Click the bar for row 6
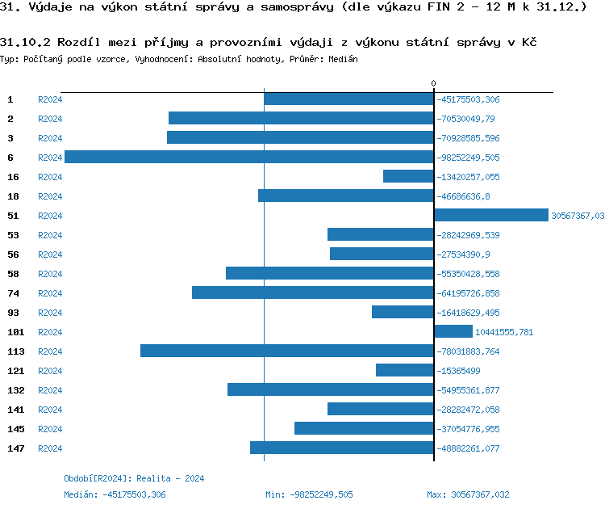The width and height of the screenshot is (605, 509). (248, 157)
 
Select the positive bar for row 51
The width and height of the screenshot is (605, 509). (490, 215)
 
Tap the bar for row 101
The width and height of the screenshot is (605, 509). (453, 331)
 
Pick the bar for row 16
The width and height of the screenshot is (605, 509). (408, 176)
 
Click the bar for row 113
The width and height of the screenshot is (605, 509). (287, 351)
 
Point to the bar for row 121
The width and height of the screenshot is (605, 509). (405, 370)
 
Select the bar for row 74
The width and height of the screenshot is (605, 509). (313, 292)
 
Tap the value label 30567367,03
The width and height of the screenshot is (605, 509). (578, 216)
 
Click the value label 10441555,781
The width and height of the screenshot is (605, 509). (504, 332)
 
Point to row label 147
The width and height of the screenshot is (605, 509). (16, 448)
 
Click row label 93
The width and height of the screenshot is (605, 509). (13, 313)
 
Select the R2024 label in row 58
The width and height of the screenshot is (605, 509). (50, 274)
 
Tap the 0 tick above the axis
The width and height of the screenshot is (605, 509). (433, 83)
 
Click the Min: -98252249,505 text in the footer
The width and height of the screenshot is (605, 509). (309, 494)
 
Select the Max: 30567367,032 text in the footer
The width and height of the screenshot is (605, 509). (468, 494)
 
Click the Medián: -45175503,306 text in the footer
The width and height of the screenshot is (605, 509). (115, 494)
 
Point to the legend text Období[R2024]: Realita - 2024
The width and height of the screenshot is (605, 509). (134, 478)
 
